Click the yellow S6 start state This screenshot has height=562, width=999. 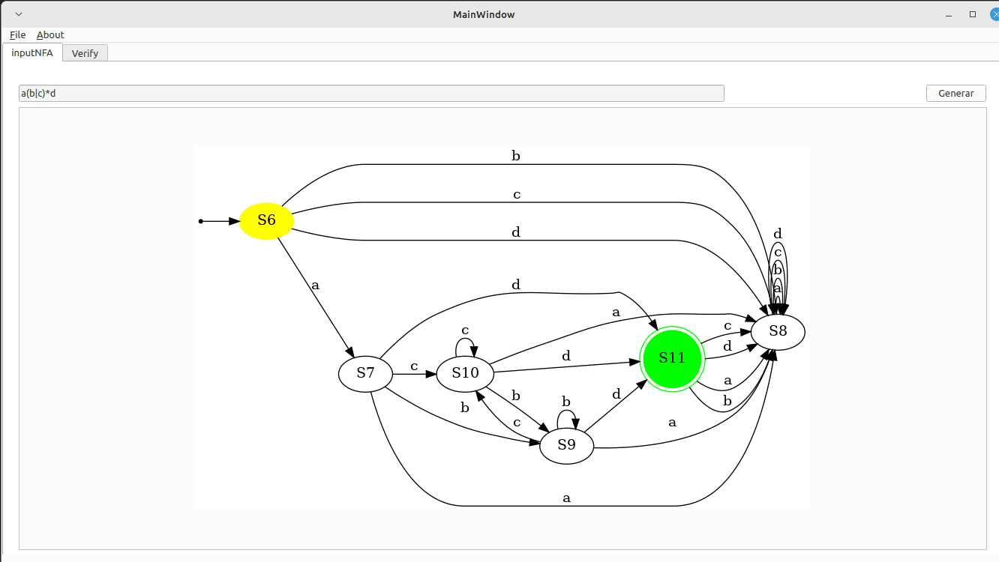pyautogui.click(x=266, y=220)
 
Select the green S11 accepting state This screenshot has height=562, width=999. pyautogui.click(x=672, y=358)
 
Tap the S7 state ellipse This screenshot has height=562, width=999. pyautogui.click(x=365, y=373)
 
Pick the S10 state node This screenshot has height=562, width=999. pyautogui.click(x=465, y=372)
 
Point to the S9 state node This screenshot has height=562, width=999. pyautogui.click(x=567, y=445)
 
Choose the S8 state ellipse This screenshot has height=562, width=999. pyautogui.click(x=778, y=331)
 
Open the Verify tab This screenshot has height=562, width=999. pyautogui.click(x=85, y=53)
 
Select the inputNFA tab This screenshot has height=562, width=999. pyautogui.click(x=32, y=52)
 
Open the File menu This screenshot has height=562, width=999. pyautogui.click(x=18, y=34)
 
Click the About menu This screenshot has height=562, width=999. pyautogui.click(x=50, y=34)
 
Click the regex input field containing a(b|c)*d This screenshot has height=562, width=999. pyautogui.click(x=371, y=93)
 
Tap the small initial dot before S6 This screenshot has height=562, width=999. pyautogui.click(x=200, y=221)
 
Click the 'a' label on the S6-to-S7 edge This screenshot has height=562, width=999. pyautogui.click(x=315, y=285)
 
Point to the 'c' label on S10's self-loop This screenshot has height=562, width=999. pyautogui.click(x=465, y=330)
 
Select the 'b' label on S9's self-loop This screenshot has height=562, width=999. pyautogui.click(x=566, y=402)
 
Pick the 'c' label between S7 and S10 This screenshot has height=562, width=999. pyautogui.click(x=414, y=366)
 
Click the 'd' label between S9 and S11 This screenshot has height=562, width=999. pyautogui.click(x=616, y=394)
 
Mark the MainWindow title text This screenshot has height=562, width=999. pyautogui.click(x=484, y=14)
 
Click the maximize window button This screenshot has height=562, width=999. pyautogui.click(x=973, y=14)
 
